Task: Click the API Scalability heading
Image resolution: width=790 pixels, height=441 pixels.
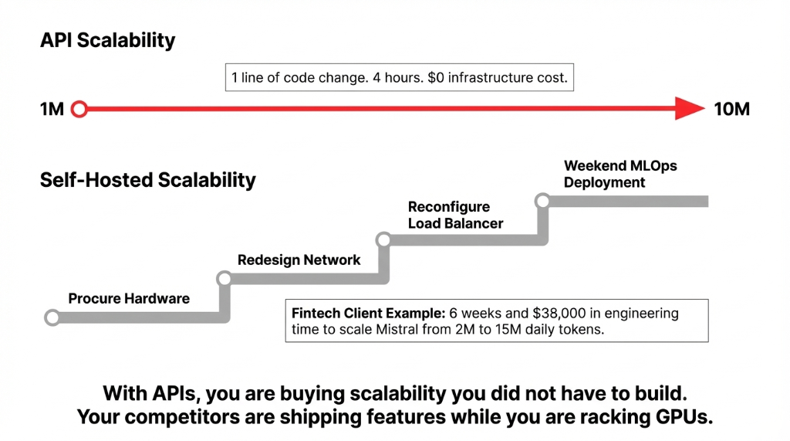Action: [x=107, y=41]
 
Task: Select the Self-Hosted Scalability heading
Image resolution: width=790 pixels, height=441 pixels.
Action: [x=147, y=181]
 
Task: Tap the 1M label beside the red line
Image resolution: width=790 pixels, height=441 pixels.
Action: [x=52, y=110]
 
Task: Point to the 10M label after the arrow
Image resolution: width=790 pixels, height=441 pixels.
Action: [x=731, y=110]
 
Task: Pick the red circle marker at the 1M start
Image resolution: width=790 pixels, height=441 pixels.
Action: [x=79, y=110]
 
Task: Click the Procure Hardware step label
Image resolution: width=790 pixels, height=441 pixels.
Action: [x=129, y=299]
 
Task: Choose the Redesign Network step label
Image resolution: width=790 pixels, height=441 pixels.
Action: [x=299, y=260]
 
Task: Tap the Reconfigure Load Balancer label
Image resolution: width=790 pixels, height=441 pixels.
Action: [x=455, y=215]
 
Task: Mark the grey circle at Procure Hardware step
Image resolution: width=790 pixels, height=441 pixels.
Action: [x=52, y=317]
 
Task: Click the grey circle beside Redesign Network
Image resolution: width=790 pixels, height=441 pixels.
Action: [x=224, y=278]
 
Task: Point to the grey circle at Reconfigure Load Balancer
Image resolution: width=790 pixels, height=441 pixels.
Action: [x=383, y=240]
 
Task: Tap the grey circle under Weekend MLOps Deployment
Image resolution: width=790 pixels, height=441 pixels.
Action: [x=542, y=202]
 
